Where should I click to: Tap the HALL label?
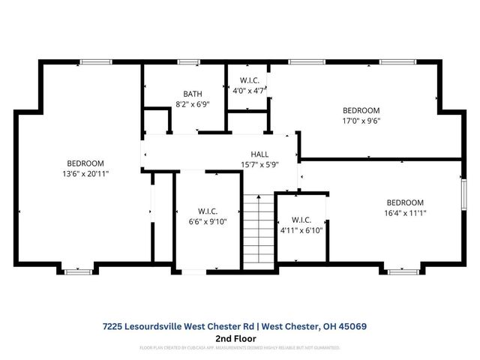(x=259, y=154)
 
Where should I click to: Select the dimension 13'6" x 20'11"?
(x=85, y=173)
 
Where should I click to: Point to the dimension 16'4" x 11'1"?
(x=405, y=212)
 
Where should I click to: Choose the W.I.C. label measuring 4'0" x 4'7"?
(x=249, y=80)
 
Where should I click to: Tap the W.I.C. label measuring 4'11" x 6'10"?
(x=301, y=220)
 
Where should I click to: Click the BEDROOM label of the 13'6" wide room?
(x=85, y=163)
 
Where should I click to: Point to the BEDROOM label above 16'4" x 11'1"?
(x=405, y=202)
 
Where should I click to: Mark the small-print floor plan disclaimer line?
(x=239, y=348)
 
